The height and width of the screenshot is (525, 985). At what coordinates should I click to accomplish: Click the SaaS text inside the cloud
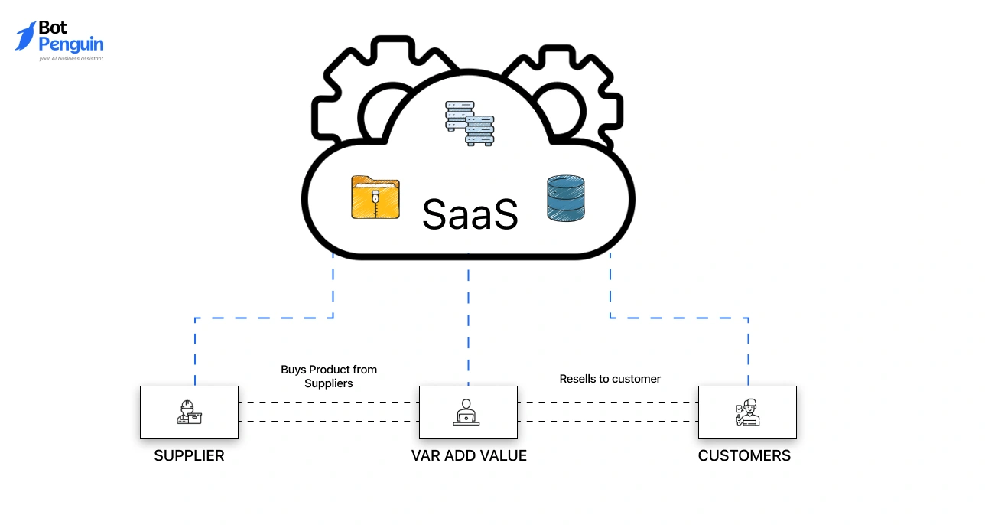click(x=470, y=214)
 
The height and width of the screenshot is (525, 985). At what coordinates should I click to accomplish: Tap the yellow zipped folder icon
click(x=375, y=197)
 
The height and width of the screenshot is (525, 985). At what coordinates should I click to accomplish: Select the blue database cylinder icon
click(x=565, y=199)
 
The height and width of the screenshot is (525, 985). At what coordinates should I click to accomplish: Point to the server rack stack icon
click(x=470, y=124)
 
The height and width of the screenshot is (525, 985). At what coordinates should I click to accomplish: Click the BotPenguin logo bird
click(x=25, y=36)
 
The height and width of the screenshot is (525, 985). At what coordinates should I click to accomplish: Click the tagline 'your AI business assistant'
click(x=71, y=58)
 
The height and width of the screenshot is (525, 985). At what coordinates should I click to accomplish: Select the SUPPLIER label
click(x=189, y=456)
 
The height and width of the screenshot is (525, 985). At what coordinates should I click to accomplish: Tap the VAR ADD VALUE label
click(x=469, y=456)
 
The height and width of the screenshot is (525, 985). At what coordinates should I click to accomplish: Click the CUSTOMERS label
click(x=744, y=456)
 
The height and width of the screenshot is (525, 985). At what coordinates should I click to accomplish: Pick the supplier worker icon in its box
click(x=189, y=412)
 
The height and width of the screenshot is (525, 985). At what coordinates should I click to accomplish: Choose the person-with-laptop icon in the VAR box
click(x=468, y=412)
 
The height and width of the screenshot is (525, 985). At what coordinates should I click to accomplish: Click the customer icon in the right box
click(x=746, y=412)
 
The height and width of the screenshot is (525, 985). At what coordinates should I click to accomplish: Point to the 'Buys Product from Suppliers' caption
click(x=329, y=377)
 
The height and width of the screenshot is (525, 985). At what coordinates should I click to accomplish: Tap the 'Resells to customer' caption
click(x=610, y=379)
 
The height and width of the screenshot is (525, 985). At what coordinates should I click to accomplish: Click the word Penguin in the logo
click(x=71, y=44)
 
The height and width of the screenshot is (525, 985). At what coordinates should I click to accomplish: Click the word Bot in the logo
click(x=53, y=28)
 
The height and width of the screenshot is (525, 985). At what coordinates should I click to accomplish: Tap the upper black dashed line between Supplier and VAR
click(x=329, y=403)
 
